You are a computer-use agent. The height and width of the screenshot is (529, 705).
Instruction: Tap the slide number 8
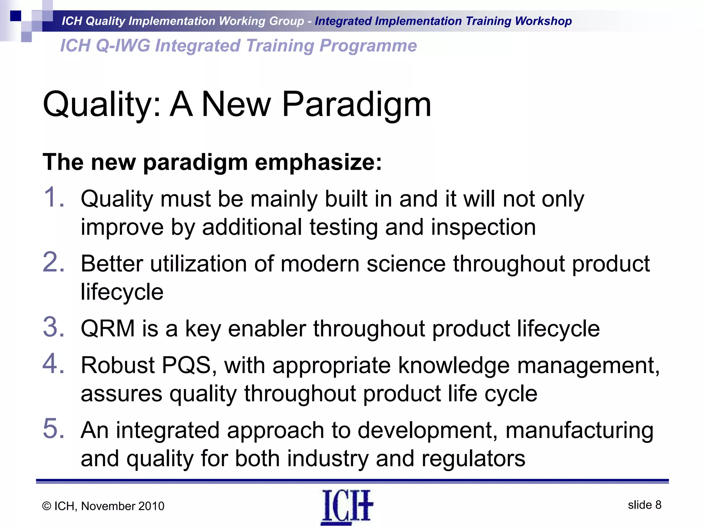coord(658,505)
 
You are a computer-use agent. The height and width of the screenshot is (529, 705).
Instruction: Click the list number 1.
coord(53,197)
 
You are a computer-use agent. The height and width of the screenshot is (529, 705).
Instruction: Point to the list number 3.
coord(53,327)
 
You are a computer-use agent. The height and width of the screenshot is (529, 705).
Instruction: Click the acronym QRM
coord(107,328)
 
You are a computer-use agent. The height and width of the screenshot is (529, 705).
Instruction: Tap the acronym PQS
coord(186,365)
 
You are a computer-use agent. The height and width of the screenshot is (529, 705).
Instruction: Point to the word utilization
coord(198,264)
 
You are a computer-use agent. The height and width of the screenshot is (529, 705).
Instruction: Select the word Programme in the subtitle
coord(368,46)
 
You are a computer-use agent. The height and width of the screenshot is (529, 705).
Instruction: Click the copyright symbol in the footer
coord(47,506)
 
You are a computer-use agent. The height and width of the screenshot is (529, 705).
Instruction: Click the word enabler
coord(267,328)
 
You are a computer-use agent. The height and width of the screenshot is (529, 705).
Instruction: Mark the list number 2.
coord(53,262)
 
